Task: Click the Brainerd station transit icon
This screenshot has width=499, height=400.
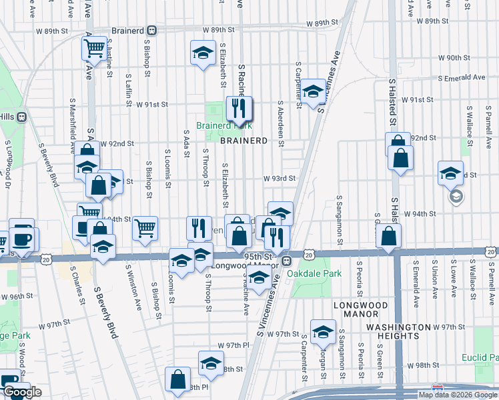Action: (x=152, y=30)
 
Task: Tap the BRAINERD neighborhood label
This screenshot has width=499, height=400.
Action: (x=244, y=141)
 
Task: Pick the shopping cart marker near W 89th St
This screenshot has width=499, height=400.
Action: (x=95, y=47)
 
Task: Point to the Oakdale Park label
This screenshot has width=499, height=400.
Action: (x=314, y=273)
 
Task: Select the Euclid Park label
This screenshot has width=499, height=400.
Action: (x=480, y=358)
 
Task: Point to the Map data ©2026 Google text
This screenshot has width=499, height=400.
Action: (x=458, y=395)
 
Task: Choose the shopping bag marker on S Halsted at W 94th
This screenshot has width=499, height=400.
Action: (x=388, y=236)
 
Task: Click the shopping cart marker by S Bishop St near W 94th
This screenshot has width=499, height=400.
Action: (x=145, y=227)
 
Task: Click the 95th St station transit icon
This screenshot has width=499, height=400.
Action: (x=286, y=261)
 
